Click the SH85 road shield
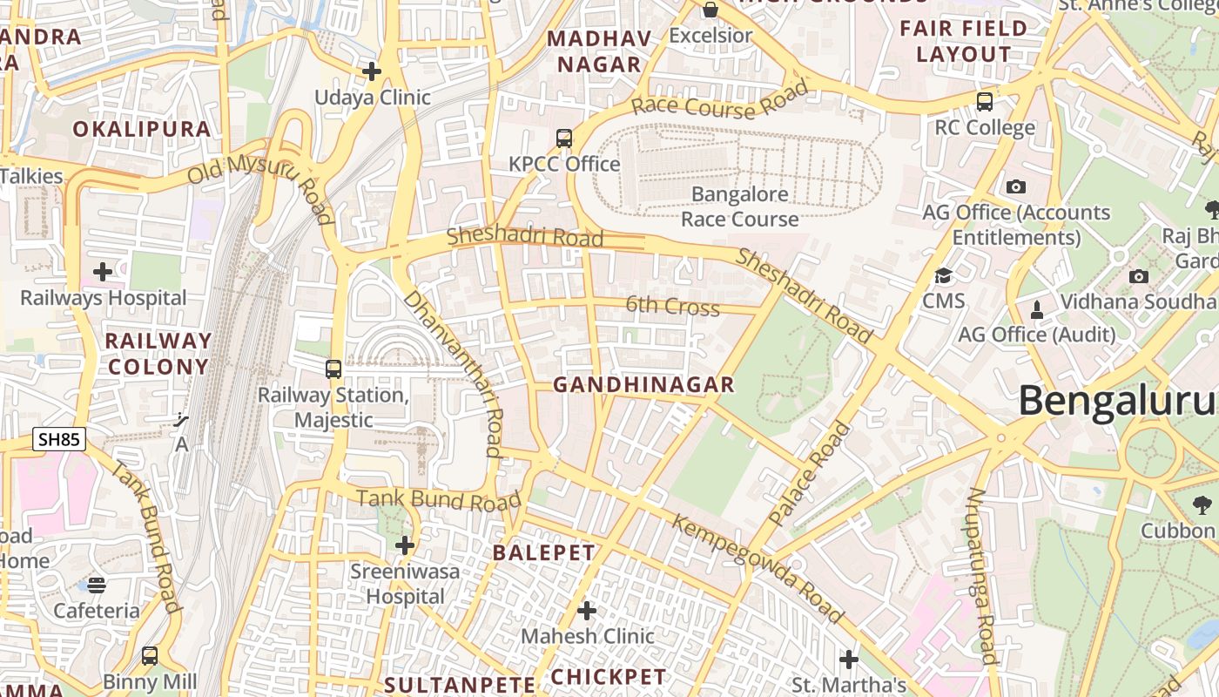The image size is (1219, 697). [60, 439]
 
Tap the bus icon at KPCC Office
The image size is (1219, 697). [564, 139]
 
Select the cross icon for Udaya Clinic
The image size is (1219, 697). [372, 71]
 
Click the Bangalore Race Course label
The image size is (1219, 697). [739, 206]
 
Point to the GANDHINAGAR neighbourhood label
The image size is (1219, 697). [643, 384]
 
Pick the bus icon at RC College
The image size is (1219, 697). [985, 102]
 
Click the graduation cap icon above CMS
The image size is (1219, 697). [943, 276]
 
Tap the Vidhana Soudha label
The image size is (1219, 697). [1137, 301]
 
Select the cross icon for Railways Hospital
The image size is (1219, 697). [103, 272]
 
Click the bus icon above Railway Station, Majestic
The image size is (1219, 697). [333, 369]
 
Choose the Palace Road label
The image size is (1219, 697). [810, 475]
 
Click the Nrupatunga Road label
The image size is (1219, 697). [981, 575]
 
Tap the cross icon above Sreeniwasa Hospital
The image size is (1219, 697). [405, 545]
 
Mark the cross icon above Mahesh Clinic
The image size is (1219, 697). [587, 611]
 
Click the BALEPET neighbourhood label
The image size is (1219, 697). [544, 552]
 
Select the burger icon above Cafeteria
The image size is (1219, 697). [97, 585]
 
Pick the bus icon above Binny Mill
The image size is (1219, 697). [150, 655]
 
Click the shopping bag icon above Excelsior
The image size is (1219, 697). [711, 10]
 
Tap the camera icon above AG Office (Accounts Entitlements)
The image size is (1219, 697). [1015, 186]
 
